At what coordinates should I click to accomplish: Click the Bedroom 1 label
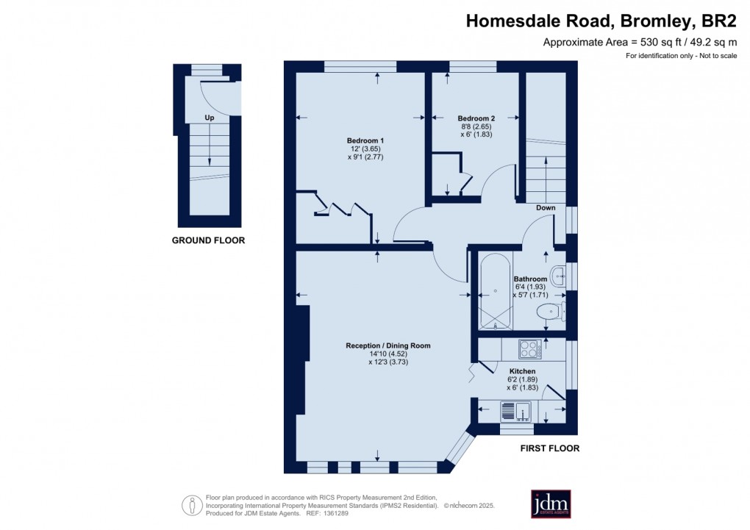(x=365, y=140)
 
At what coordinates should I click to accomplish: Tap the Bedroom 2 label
(x=476, y=118)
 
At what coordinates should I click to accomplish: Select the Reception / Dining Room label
(x=388, y=345)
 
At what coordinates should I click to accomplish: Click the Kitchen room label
(x=522, y=371)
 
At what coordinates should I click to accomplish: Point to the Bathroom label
(x=530, y=279)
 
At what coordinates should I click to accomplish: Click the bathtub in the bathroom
(x=495, y=291)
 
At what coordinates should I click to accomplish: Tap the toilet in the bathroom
(x=551, y=312)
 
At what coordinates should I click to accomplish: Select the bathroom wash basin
(x=558, y=276)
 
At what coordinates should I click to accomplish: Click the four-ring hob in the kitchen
(x=530, y=348)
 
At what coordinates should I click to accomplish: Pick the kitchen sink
(x=515, y=412)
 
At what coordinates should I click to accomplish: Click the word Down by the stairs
(x=546, y=207)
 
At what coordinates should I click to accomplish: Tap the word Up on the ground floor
(x=210, y=118)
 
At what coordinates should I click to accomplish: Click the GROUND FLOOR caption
(x=209, y=240)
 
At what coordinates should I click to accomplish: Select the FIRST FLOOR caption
(x=550, y=448)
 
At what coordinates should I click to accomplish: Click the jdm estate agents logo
(x=551, y=504)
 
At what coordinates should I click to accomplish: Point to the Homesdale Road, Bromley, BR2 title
(x=601, y=21)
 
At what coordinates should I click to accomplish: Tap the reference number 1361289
(x=336, y=513)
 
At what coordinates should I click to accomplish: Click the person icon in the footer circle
(x=193, y=505)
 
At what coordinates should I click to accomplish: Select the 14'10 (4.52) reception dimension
(x=388, y=354)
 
